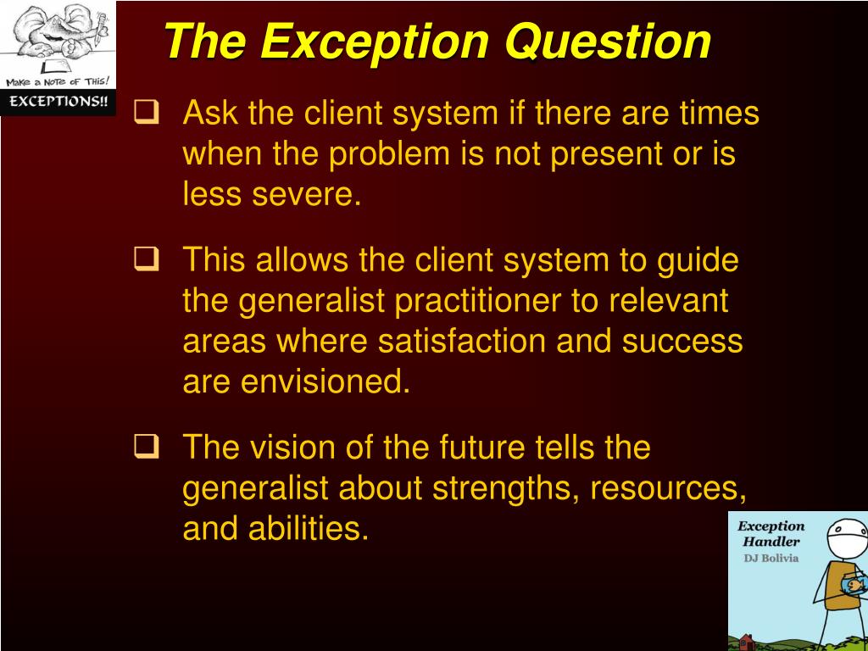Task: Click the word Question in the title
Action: click(608, 41)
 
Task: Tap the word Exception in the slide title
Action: click(376, 41)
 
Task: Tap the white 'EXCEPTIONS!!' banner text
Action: click(58, 102)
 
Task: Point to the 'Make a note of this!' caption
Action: click(58, 81)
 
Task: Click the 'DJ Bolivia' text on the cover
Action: click(771, 558)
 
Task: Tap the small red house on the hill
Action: click(747, 640)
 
